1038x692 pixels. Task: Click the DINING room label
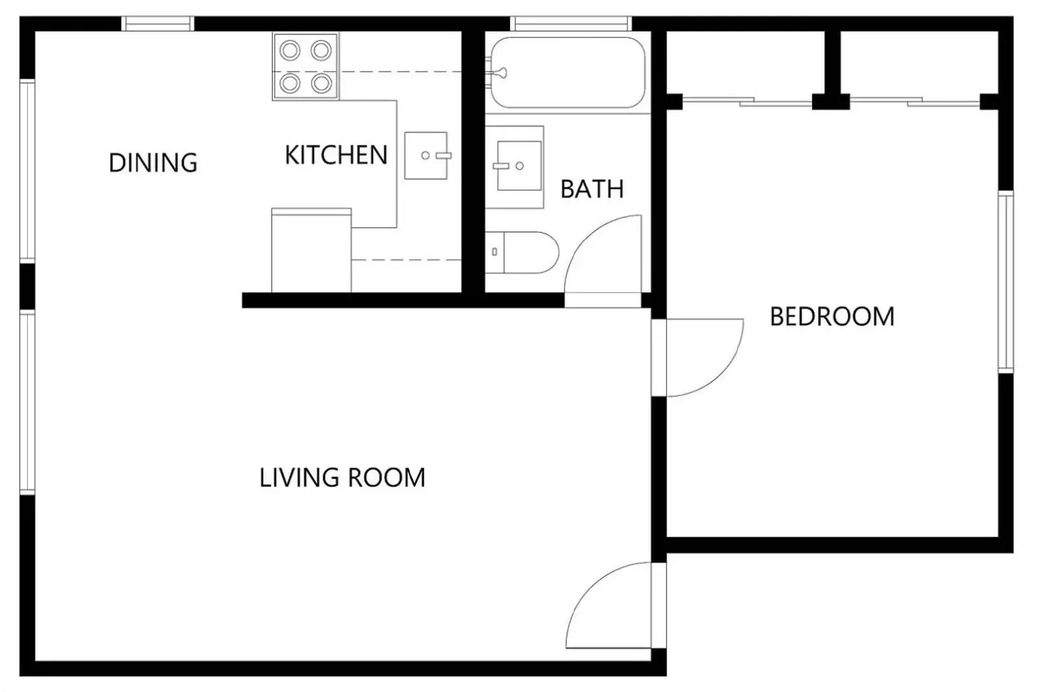(x=153, y=163)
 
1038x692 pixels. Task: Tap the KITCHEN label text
(x=336, y=156)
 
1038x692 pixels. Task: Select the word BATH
(x=592, y=189)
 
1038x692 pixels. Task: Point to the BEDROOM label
(x=832, y=317)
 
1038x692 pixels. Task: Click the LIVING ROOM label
(x=342, y=478)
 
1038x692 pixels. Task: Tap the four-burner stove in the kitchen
(x=306, y=67)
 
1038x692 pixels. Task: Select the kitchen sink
(x=426, y=156)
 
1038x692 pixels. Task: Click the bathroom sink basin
(x=518, y=166)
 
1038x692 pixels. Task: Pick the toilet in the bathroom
(x=523, y=252)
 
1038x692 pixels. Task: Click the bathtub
(x=568, y=73)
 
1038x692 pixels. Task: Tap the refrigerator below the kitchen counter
(x=311, y=252)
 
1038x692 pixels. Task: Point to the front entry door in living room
(x=610, y=606)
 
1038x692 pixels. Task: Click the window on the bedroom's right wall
(x=1005, y=281)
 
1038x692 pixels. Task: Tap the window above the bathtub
(x=571, y=24)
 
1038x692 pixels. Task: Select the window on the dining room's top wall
(x=158, y=24)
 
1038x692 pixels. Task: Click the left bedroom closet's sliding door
(x=746, y=101)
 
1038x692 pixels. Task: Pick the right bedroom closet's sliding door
(x=915, y=101)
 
